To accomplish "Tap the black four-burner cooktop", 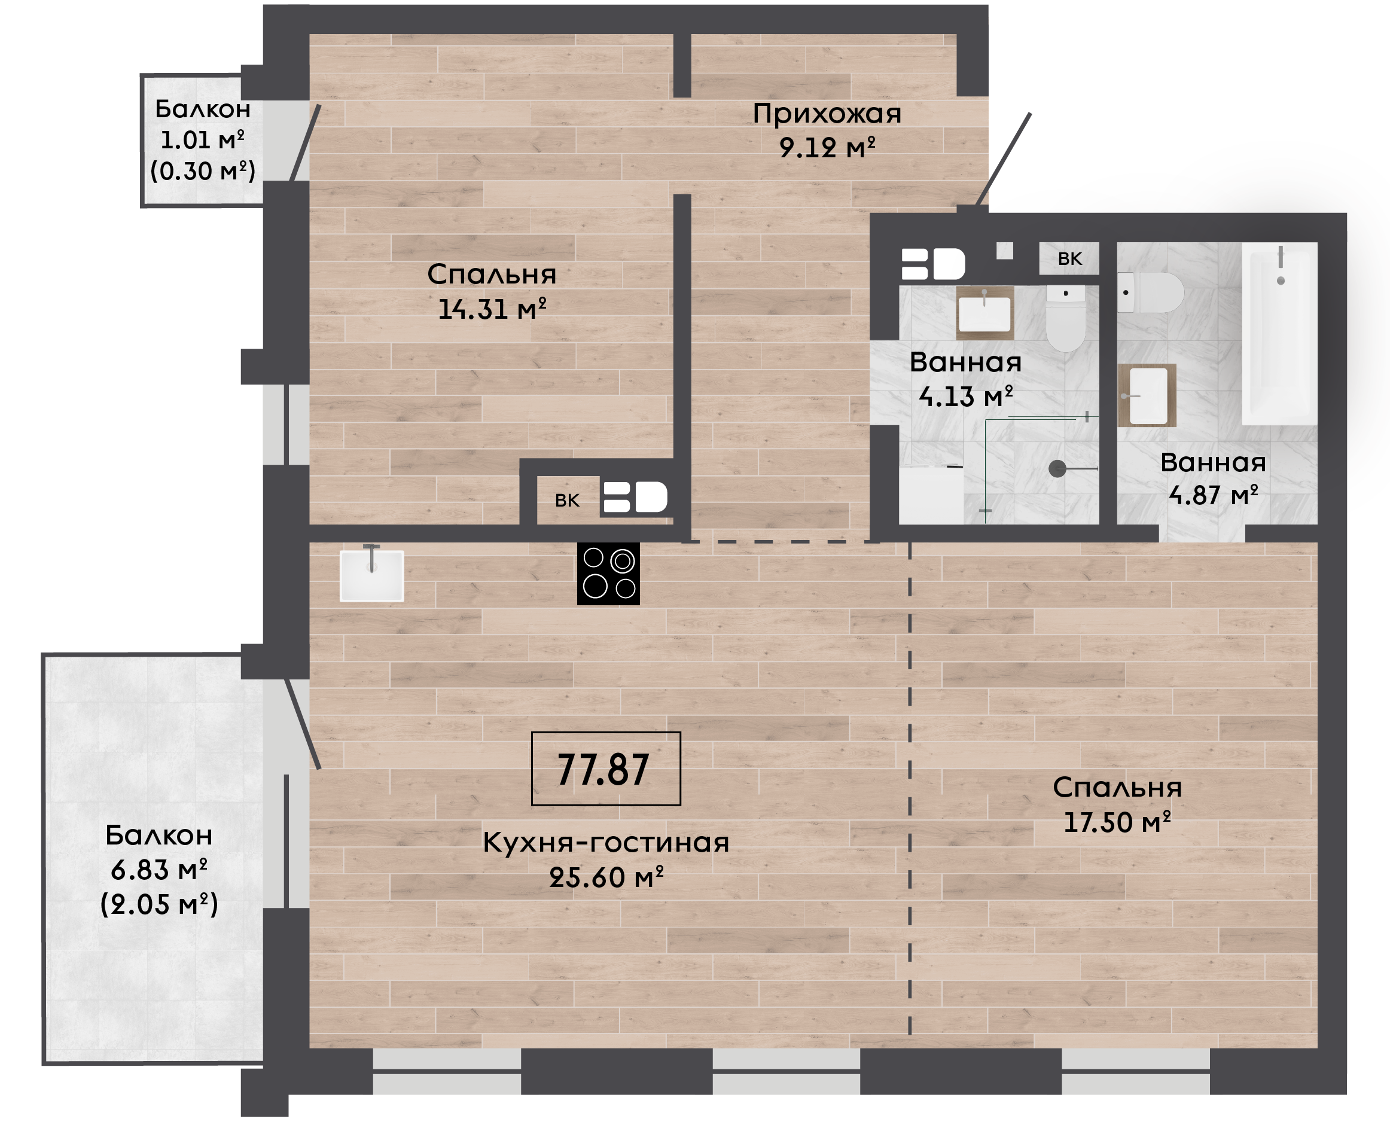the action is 608,574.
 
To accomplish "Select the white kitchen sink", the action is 371,575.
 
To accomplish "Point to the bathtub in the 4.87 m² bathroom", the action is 1279,334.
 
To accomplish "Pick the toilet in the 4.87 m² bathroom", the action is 1150,292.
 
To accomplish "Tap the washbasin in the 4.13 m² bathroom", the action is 985,313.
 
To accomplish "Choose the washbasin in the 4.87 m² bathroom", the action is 1147,395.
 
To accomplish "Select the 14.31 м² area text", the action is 492,309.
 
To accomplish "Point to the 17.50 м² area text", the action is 1117,822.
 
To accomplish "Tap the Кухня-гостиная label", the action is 606,843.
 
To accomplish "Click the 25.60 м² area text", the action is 606,877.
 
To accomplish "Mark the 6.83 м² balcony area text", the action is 159,870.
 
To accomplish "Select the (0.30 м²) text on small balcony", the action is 203,171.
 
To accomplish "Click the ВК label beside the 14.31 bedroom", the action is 568,500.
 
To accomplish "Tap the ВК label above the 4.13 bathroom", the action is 1070,259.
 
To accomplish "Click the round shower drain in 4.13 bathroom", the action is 1057,468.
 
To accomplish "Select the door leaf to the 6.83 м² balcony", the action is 303,723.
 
